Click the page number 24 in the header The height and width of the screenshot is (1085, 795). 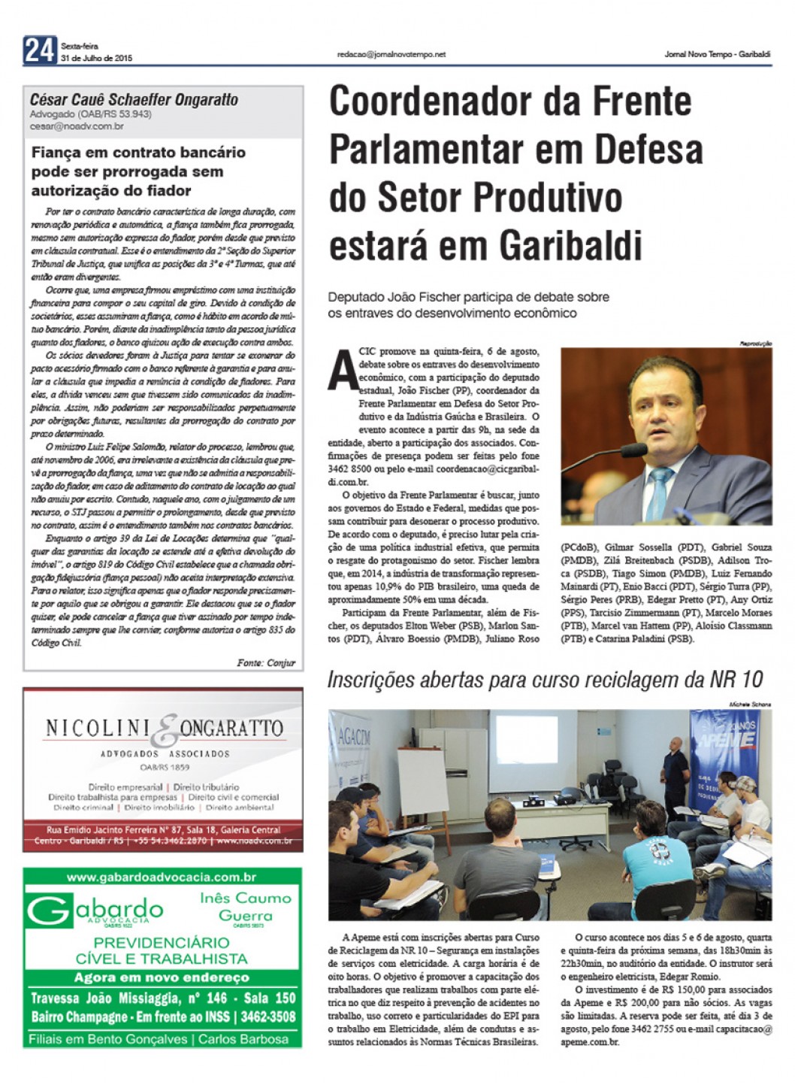point(40,50)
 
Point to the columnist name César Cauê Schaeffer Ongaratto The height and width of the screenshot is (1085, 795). point(134,100)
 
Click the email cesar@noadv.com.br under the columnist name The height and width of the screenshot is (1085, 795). point(77,127)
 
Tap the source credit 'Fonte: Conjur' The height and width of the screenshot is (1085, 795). point(266,662)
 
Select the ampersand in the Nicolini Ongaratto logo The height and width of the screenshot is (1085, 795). point(168,729)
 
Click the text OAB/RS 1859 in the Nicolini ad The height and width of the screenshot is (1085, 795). point(165,768)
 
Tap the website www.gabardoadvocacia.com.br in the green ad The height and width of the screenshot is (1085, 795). point(162,877)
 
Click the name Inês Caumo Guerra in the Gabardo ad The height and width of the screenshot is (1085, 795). point(245,907)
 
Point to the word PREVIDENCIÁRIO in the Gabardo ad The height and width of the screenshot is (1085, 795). point(162,942)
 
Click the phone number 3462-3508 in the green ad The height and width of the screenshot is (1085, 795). point(267,1017)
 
